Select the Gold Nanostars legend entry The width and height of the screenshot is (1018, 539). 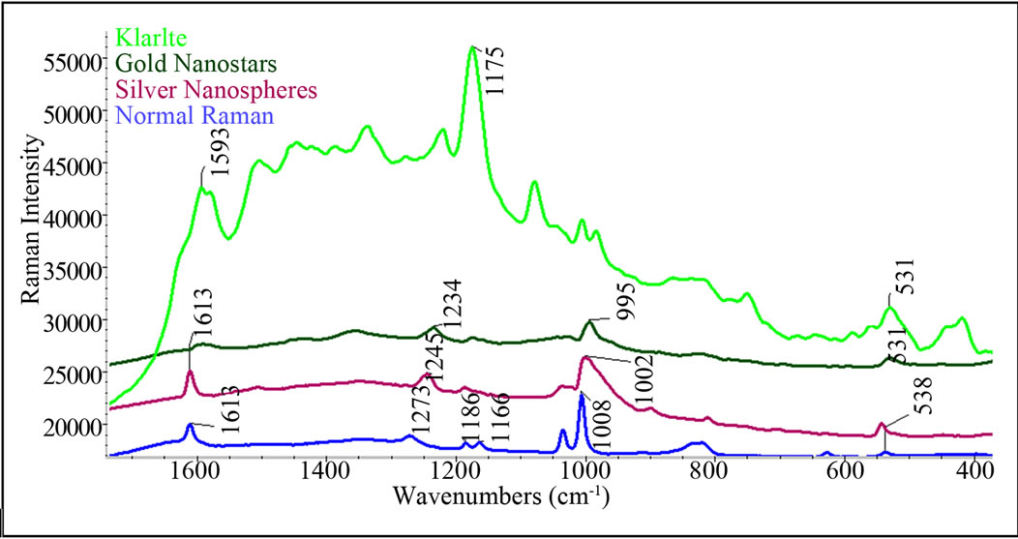[196, 66]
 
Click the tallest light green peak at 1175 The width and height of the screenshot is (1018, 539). [472, 47]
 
